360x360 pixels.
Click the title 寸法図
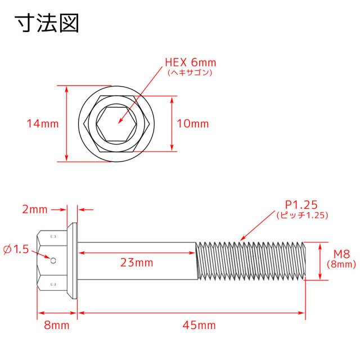click(x=47, y=23)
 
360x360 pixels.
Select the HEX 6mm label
click(x=191, y=62)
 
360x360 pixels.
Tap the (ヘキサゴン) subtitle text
click(x=190, y=73)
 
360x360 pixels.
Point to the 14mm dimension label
click(x=43, y=124)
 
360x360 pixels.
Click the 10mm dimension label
click(x=193, y=124)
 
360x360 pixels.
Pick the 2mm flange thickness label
click(x=35, y=209)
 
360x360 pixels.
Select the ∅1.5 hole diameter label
click(x=16, y=250)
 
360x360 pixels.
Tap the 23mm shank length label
click(x=137, y=263)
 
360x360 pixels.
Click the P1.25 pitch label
click(x=301, y=205)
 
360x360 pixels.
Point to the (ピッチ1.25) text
click(x=303, y=215)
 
